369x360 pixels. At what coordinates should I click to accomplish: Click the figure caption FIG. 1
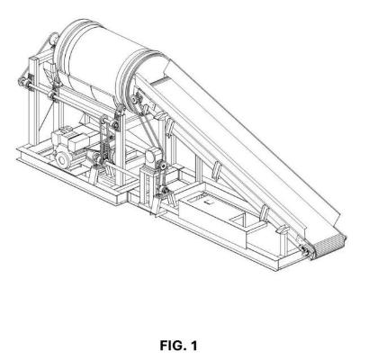pyautogui.click(x=178, y=346)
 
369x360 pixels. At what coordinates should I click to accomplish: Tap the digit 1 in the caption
pyautogui.click(x=193, y=346)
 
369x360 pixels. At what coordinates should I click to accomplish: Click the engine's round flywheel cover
pyautogui.click(x=63, y=160)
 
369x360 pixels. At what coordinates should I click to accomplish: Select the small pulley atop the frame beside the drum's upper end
pyautogui.click(x=54, y=39)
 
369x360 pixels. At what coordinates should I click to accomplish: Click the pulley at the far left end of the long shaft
pyautogui.click(x=22, y=82)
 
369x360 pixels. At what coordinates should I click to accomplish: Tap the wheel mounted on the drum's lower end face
pyautogui.click(x=136, y=99)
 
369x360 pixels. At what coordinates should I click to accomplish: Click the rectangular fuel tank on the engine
pyautogui.click(x=79, y=141)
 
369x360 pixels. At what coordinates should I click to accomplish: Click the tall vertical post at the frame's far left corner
pyautogui.click(x=33, y=101)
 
